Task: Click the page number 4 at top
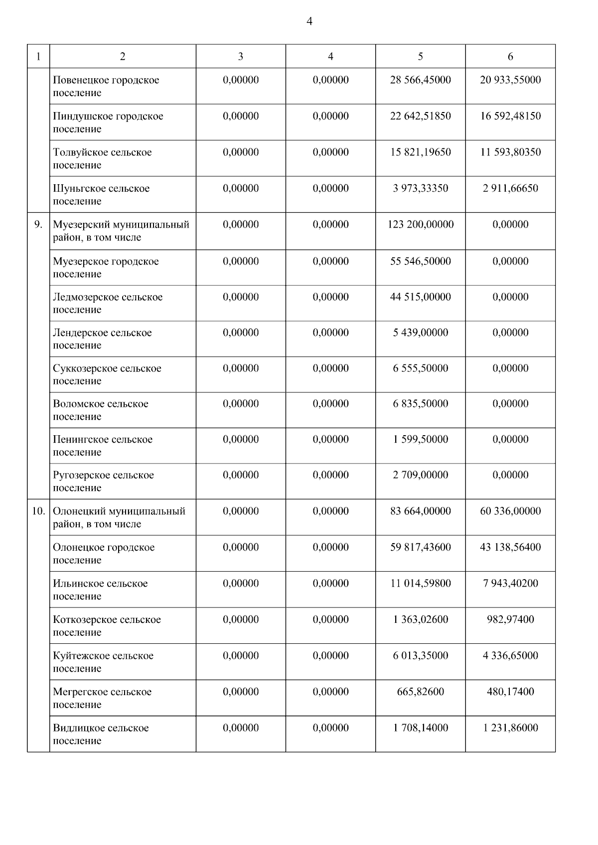pos(309,21)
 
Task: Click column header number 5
pos(420,56)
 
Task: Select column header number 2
pos(123,56)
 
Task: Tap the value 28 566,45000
pos(420,80)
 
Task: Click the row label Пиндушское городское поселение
pos(108,122)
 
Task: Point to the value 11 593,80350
pos(510,152)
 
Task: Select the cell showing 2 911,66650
pos(510,188)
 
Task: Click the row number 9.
pos(38,225)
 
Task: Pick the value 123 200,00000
pos(420,225)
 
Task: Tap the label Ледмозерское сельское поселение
pos(108,303)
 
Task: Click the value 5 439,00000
pos(420,333)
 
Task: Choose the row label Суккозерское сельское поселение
pos(107,374)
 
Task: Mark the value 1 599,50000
pos(420,439)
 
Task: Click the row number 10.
pos(38,511)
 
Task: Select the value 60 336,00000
pos(510,511)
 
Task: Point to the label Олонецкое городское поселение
pos(104,554)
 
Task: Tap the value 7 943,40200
pos(510,583)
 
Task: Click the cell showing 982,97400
pos(510,619)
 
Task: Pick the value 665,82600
pos(420,692)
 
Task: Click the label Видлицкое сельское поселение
pos(101,734)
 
